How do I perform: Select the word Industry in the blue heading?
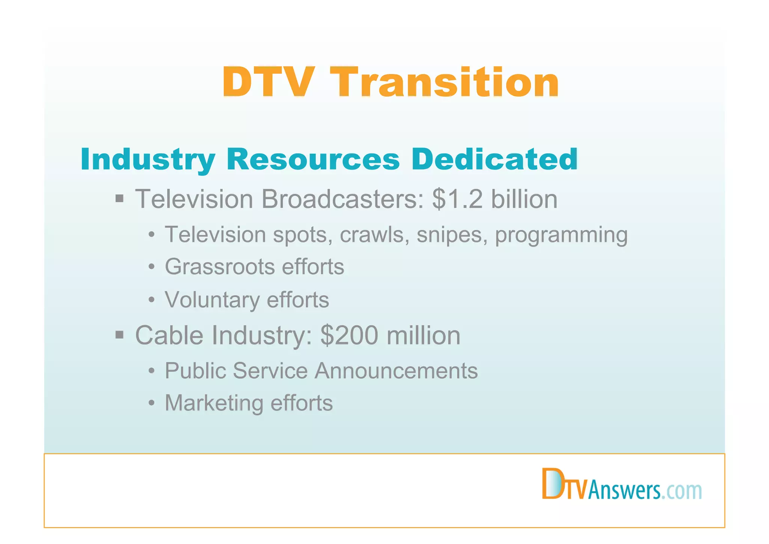pos(148,159)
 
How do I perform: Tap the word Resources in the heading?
pos(313,159)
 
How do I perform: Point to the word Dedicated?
pos(494,159)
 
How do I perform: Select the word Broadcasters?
pos(343,199)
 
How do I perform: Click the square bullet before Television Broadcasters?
pos(119,199)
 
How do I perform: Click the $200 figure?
pos(349,335)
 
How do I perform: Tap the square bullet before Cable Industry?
pos(119,335)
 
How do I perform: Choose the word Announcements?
pos(396,371)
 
